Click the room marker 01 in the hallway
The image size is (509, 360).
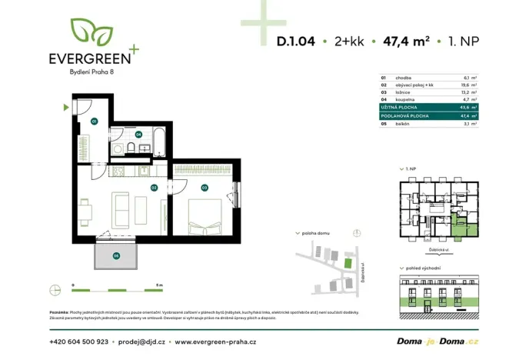click(x=94, y=122)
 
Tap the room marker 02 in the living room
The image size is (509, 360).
click(x=154, y=187)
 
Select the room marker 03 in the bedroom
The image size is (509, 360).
click(x=205, y=187)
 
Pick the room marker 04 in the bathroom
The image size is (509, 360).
click(x=138, y=134)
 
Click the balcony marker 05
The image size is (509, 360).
click(x=116, y=255)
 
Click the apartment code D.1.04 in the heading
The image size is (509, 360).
click(x=296, y=42)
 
